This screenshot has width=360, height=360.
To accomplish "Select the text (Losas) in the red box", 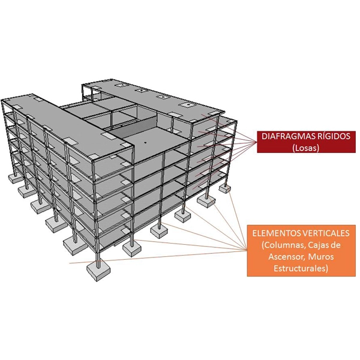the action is coord(306,148).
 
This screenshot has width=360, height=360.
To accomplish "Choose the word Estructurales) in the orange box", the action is coord(301,268).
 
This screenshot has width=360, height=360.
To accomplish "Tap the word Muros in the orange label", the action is coord(321,256).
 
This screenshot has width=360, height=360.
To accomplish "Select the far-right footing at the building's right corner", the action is coord(225,189).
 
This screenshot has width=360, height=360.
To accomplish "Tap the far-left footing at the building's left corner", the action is coord(15,178).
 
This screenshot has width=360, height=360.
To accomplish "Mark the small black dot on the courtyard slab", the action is coord(145,142).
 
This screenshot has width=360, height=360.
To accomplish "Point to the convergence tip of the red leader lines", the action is coord(256,142).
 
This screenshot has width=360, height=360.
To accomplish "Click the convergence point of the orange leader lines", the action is coord(247,250).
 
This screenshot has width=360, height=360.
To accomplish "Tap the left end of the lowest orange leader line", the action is coord(70,263).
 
